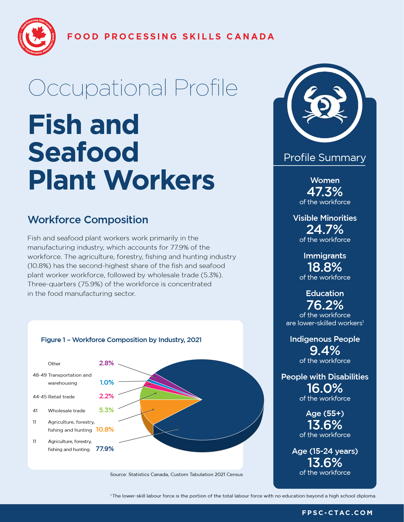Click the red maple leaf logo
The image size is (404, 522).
click(37, 37)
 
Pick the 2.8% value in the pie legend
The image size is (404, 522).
click(106, 363)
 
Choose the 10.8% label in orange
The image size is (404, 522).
click(105, 429)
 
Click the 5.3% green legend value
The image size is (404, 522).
click(106, 410)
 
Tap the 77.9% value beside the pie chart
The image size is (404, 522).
click(105, 449)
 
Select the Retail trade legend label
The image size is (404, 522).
click(61, 397)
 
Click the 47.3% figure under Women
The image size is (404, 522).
click(325, 192)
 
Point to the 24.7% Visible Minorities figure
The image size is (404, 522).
click(325, 229)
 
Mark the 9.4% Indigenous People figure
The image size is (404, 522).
click(325, 350)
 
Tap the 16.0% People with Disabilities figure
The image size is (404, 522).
click(325, 388)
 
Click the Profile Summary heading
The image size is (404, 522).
click(325, 157)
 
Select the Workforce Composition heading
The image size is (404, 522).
click(88, 220)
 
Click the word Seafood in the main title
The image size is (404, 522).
click(83, 152)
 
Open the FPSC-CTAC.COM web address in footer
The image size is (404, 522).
click(337, 513)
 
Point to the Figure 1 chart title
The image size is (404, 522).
click(121, 340)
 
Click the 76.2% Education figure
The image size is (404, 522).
click(325, 305)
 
